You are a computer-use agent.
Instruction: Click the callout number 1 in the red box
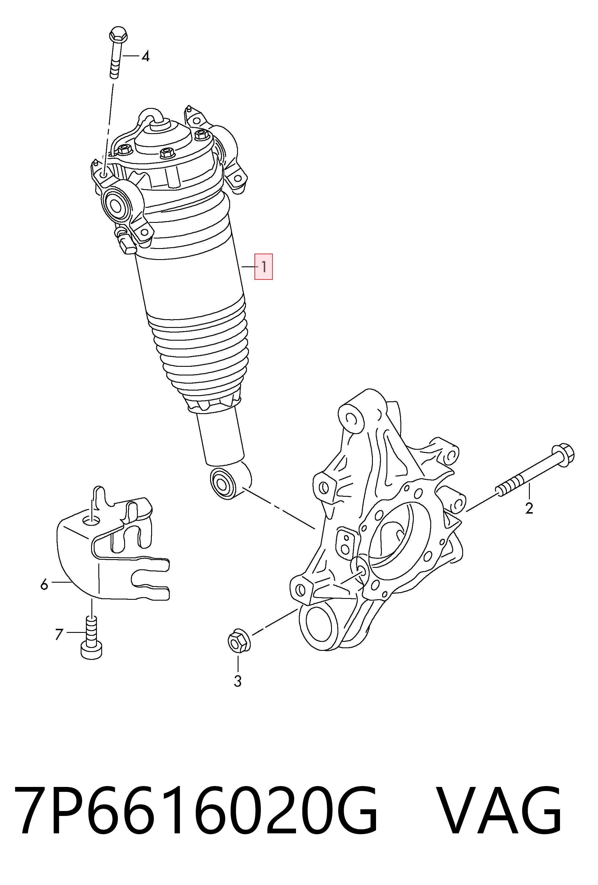click(263, 267)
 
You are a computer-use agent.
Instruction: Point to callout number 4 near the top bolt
click(145, 57)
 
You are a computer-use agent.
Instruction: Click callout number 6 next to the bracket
click(44, 584)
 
